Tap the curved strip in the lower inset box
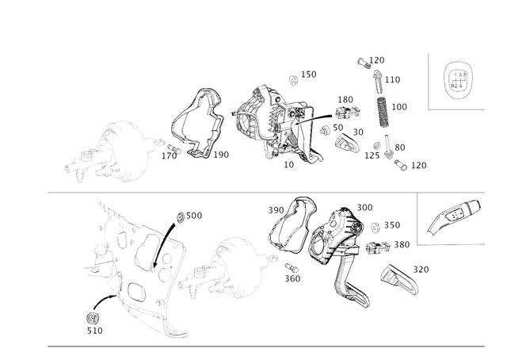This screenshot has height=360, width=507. (x=454, y=218)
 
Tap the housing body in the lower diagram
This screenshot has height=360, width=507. (x=333, y=234)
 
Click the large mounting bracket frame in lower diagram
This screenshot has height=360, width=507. (x=135, y=262)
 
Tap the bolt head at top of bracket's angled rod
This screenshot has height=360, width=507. (x=181, y=216)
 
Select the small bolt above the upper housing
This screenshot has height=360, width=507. (x=294, y=78)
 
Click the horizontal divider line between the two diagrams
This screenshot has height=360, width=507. (x=238, y=192)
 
